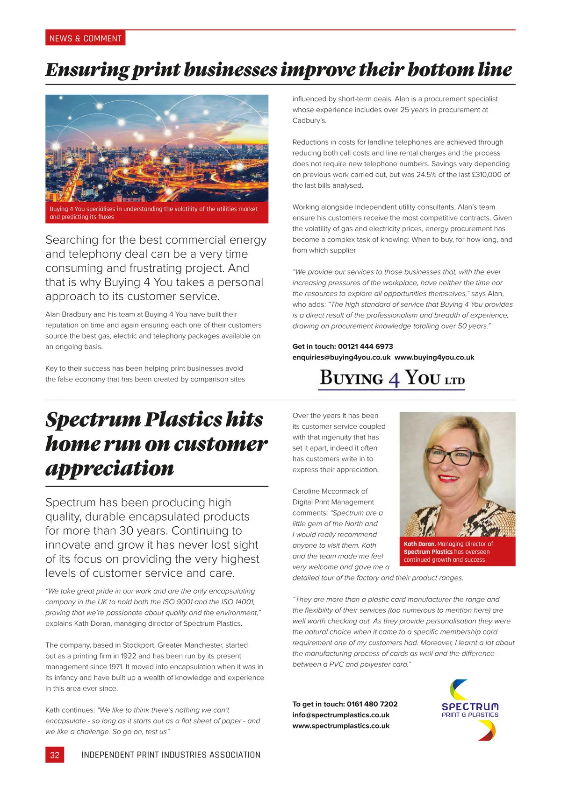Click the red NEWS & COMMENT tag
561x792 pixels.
[x=85, y=38]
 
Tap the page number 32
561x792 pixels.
[x=55, y=755]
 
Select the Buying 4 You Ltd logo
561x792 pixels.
[x=392, y=378]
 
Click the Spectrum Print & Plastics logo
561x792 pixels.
[x=470, y=710]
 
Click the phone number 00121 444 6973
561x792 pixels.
[x=365, y=346]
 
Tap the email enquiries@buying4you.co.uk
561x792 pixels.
[x=341, y=357]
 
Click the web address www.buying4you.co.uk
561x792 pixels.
[x=434, y=357]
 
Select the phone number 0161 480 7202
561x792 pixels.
[x=372, y=704]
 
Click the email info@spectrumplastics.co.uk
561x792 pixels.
[x=341, y=715]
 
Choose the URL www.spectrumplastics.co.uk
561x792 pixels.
[x=341, y=726]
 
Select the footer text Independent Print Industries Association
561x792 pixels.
[x=171, y=755]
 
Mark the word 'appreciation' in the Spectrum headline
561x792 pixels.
[x=110, y=468]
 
